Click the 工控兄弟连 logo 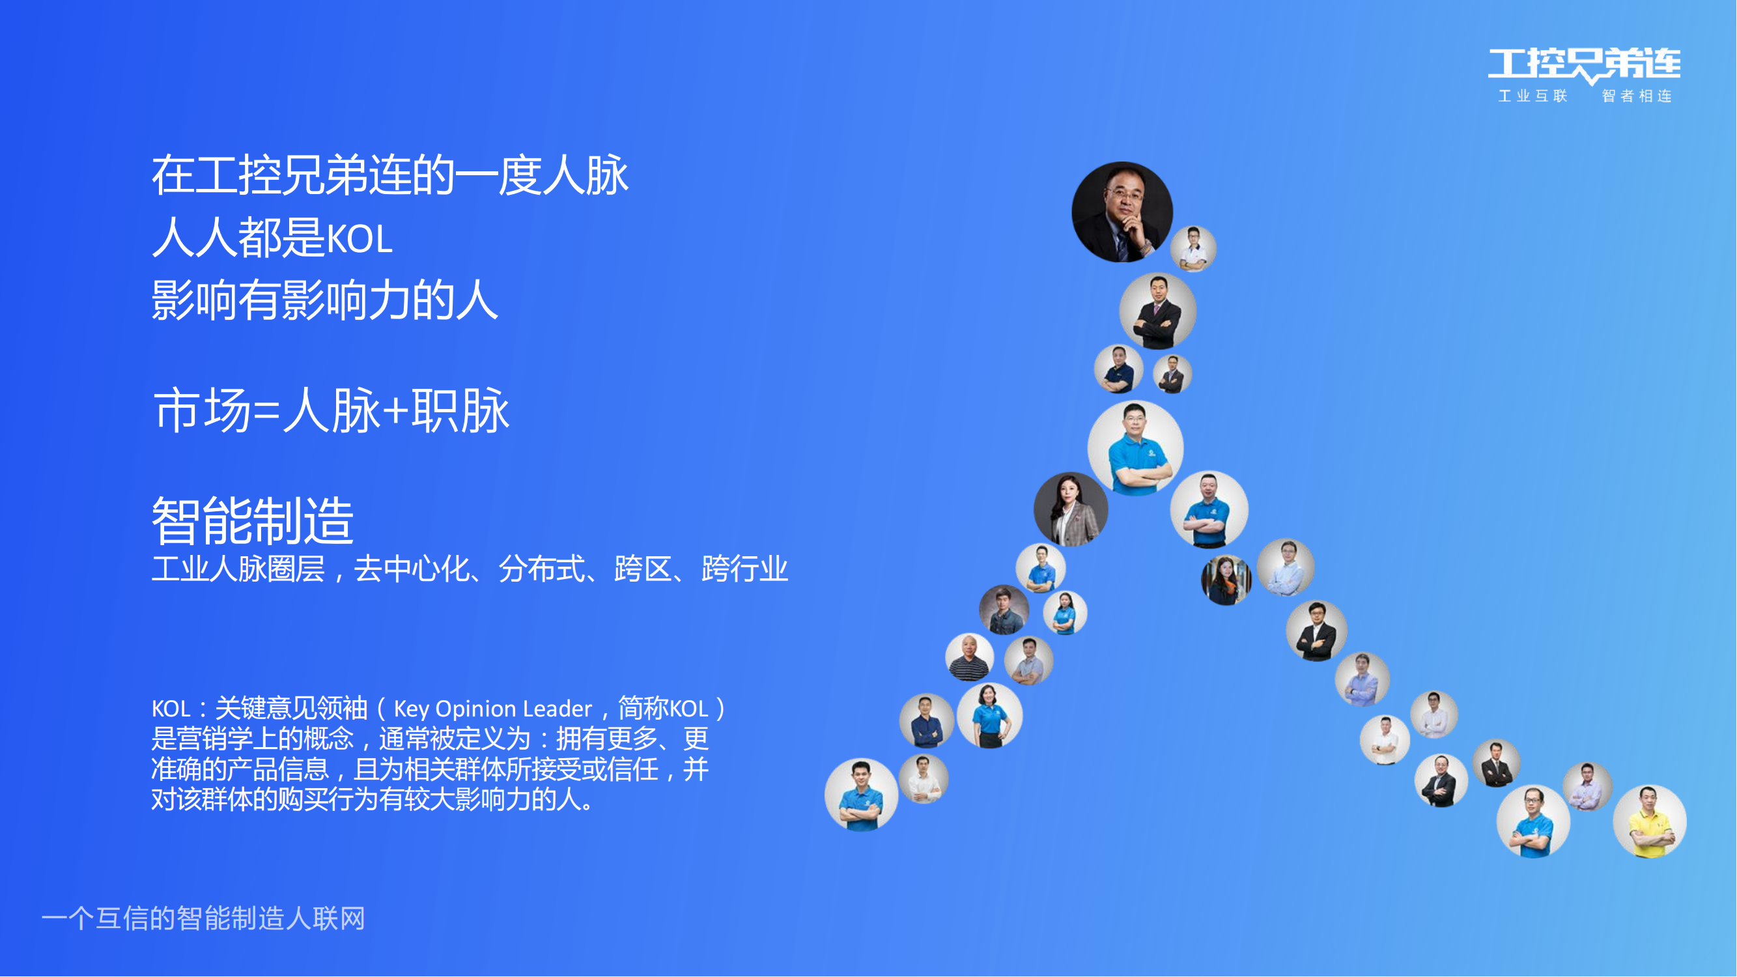click(x=1584, y=65)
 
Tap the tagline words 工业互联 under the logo click(x=1532, y=96)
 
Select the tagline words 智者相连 click(x=1637, y=96)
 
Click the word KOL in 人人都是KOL click(x=360, y=239)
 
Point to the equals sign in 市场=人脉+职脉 click(x=266, y=411)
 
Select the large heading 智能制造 click(x=253, y=520)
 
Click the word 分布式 click(x=541, y=569)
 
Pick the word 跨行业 click(x=745, y=569)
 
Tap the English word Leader click(x=557, y=709)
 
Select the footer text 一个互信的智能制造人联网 click(x=203, y=919)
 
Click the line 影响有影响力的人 click(x=324, y=300)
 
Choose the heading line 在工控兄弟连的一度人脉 click(x=390, y=175)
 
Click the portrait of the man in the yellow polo click(x=1649, y=822)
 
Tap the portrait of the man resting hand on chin click(x=1123, y=212)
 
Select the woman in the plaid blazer click(x=1071, y=509)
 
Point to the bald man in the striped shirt click(x=969, y=657)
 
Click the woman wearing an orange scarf click(x=1226, y=580)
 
